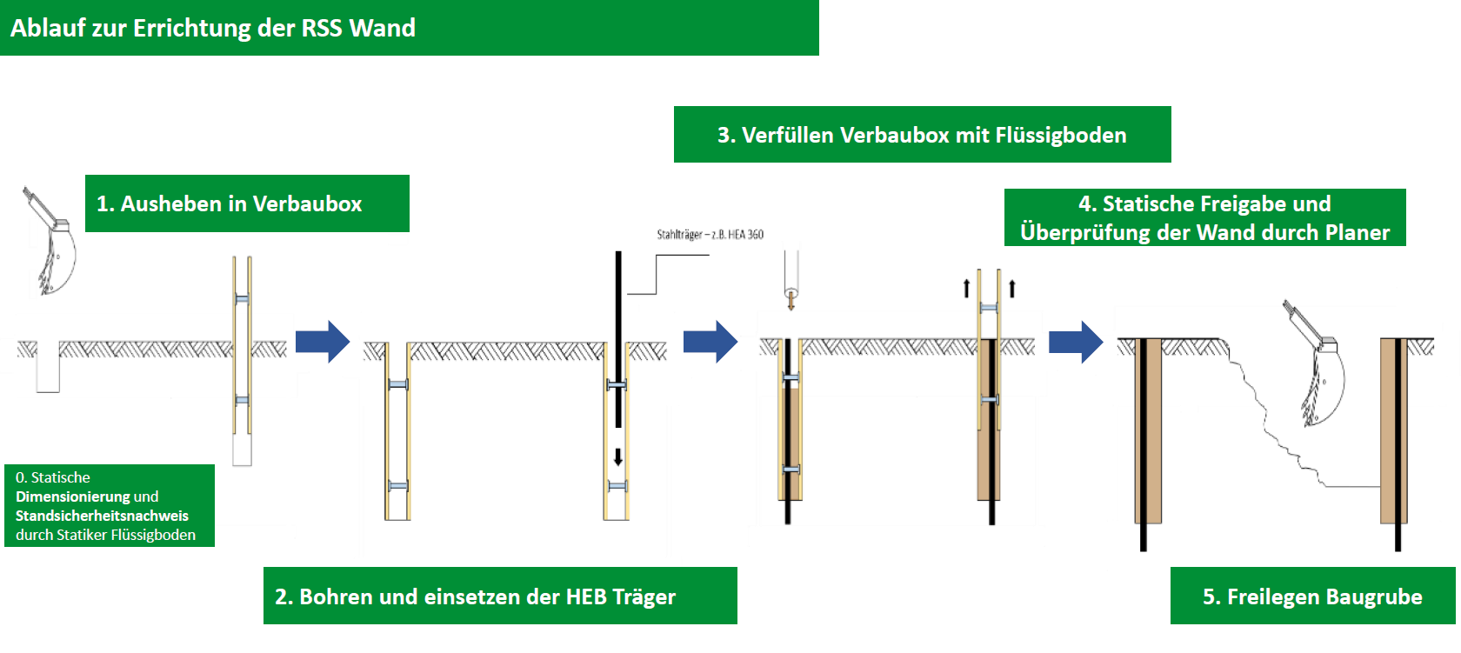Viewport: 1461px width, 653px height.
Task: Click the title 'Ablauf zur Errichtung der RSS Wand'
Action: (x=213, y=28)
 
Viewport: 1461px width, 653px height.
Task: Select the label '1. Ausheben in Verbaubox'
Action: (x=229, y=203)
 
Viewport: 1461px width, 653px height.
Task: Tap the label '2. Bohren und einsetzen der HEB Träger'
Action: (x=475, y=596)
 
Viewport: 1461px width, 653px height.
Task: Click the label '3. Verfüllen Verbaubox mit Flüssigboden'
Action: (x=922, y=135)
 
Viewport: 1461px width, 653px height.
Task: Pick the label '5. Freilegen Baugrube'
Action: (x=1312, y=596)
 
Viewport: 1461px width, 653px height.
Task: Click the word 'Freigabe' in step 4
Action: (x=1238, y=203)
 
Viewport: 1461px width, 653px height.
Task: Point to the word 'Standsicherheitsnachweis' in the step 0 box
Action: (x=102, y=516)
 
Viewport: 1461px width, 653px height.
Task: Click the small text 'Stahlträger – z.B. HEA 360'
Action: (x=710, y=235)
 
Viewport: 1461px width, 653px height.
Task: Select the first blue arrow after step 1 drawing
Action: (x=322, y=342)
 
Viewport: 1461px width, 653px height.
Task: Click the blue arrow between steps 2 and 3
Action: (x=710, y=342)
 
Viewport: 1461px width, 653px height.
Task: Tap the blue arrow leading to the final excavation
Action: (x=1075, y=342)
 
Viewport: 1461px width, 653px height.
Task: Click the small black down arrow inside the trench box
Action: (x=618, y=456)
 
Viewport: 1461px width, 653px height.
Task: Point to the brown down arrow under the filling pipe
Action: (x=791, y=301)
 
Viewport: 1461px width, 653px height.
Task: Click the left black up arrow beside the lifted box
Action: (x=966, y=288)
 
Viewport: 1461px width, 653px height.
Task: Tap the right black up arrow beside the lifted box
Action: (x=1012, y=288)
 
